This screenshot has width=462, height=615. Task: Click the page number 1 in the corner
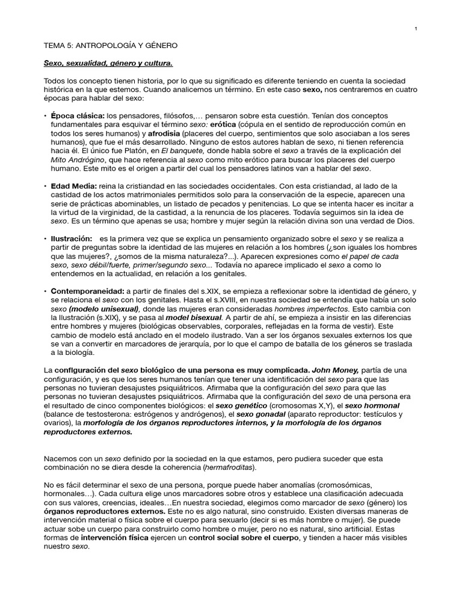pos(416,29)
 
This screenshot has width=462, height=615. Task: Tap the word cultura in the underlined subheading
pos(158,63)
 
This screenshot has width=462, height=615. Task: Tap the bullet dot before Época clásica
pos(45,115)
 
